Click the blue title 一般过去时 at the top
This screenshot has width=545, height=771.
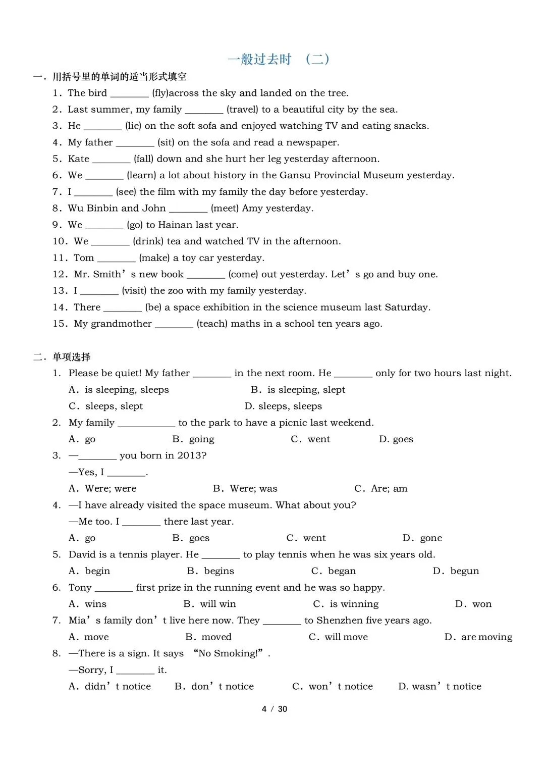[x=259, y=60]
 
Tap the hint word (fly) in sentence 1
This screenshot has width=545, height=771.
[x=160, y=93]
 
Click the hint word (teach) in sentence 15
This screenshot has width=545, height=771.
[x=212, y=324]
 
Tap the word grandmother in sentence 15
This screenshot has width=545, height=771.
[x=121, y=324]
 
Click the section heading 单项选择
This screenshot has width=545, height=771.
[x=72, y=357]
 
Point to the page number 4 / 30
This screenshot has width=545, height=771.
[x=274, y=709]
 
